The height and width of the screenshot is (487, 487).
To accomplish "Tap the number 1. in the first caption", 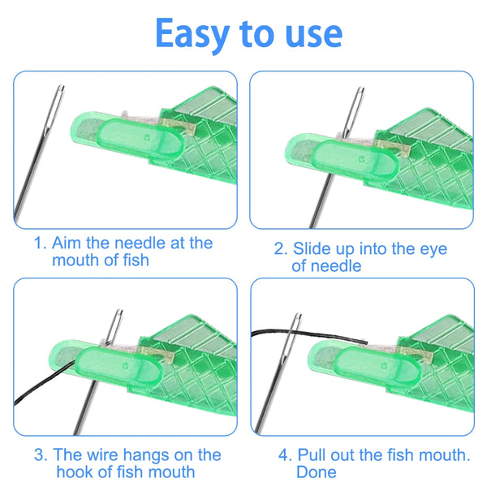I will tap(40, 243).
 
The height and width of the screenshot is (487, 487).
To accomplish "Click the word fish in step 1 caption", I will tap(133, 261).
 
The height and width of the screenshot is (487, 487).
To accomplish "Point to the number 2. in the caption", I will tap(281, 249).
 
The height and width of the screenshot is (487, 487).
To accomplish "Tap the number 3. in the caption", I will tap(40, 455).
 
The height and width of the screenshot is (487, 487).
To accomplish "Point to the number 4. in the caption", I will tap(281, 455).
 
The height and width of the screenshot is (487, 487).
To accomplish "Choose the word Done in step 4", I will tap(317, 472).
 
